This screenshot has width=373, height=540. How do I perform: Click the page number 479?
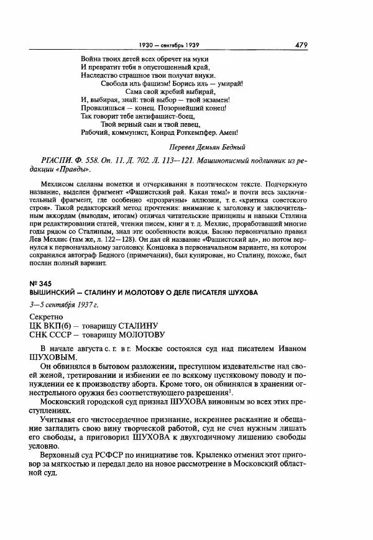point(302,45)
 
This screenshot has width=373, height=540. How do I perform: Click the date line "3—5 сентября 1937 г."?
point(65,304)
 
